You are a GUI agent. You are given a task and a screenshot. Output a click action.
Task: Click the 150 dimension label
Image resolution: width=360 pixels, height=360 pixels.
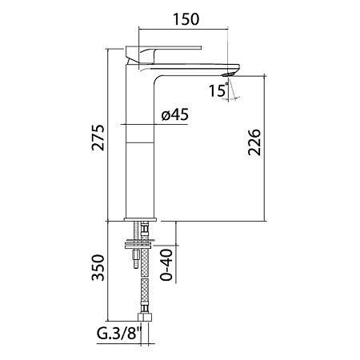(186, 19)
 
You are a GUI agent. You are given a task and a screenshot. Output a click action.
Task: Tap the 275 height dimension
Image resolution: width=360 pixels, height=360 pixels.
(98, 138)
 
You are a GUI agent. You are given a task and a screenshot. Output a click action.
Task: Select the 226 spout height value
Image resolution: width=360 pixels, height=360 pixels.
(254, 142)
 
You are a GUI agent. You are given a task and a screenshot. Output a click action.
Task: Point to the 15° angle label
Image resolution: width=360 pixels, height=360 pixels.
(218, 90)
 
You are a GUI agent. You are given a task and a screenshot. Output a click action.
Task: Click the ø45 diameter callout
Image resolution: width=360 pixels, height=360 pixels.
(175, 114)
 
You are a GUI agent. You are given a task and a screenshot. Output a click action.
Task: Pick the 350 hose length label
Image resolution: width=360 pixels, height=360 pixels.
(98, 267)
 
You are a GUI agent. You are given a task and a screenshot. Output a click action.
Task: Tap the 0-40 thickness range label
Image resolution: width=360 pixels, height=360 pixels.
(166, 265)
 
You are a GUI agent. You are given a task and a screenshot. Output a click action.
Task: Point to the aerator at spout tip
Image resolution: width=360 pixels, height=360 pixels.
(230, 74)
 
